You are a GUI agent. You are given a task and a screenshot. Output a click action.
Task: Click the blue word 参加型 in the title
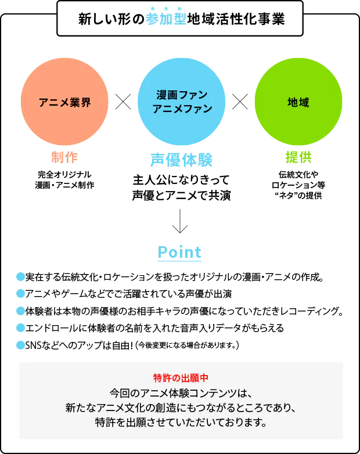tap(166, 19)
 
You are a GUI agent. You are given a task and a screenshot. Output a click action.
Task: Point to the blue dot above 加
tap(166, 9)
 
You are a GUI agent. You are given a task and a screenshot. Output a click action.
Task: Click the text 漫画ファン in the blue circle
tap(182, 95)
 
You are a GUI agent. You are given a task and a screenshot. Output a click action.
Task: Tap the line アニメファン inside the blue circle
tap(182, 109)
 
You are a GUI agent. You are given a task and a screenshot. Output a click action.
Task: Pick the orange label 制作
tap(64, 158)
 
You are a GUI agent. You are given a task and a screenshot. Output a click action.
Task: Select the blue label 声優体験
tap(181, 160)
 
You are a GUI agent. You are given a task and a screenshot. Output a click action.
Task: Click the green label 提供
tap(298, 157)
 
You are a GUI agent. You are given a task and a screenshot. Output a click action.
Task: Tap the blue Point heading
tap(180, 254)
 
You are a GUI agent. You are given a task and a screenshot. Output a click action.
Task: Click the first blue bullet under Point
tap(20, 276)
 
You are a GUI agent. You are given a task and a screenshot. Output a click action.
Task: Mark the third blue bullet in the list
tap(20, 311)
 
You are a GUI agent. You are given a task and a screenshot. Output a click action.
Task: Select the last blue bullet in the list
tap(20, 345)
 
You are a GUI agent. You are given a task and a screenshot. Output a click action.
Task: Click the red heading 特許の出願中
tap(181, 378)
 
